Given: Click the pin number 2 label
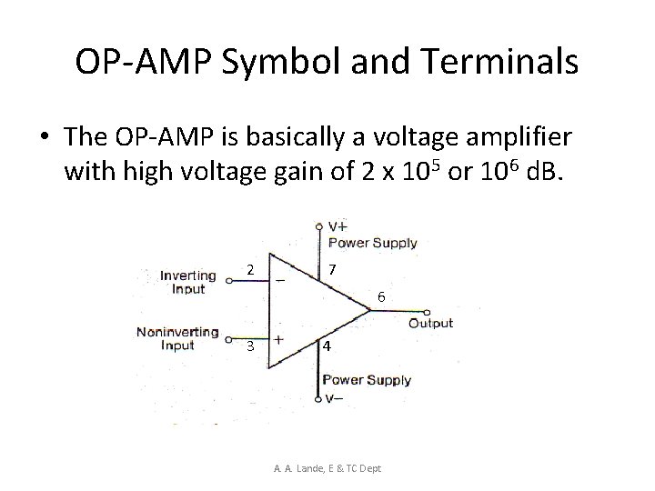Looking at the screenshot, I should [x=250, y=269].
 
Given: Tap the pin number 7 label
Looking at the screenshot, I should [x=334, y=270].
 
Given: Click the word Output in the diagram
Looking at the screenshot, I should [x=430, y=324].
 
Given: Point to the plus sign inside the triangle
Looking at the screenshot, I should [x=277, y=337].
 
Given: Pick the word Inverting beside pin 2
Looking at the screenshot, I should [x=188, y=276].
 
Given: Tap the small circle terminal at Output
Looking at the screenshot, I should [x=400, y=310].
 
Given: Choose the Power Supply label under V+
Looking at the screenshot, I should [x=372, y=243].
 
